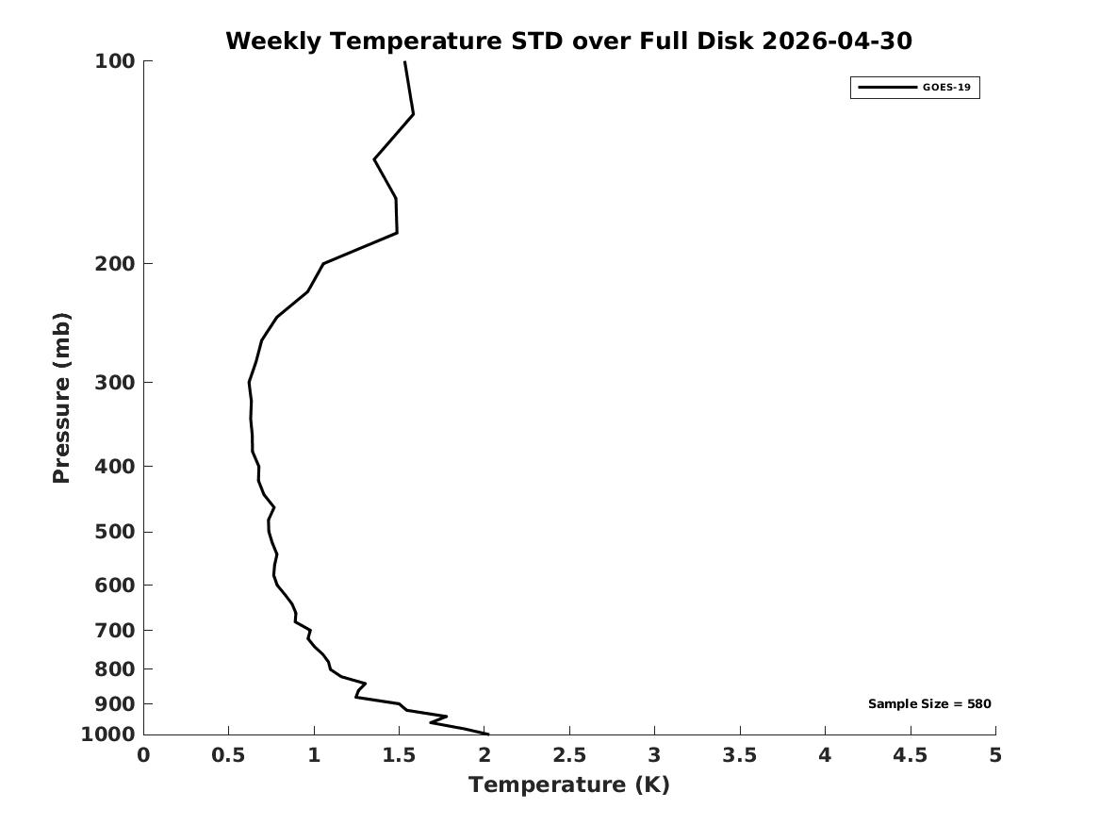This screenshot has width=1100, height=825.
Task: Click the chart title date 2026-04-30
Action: (836, 41)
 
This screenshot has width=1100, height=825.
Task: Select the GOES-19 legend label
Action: (946, 88)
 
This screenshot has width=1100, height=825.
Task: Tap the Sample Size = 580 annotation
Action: (929, 703)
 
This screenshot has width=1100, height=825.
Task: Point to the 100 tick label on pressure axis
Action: (114, 61)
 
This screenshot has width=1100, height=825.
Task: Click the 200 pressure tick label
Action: (114, 264)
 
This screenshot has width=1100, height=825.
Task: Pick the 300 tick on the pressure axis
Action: (114, 383)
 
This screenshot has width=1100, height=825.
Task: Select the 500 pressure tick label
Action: (114, 532)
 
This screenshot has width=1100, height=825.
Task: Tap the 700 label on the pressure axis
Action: (114, 630)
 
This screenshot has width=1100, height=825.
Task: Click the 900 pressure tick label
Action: (114, 703)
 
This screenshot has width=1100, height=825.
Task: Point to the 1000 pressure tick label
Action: (108, 734)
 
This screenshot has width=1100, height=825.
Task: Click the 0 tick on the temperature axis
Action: (144, 755)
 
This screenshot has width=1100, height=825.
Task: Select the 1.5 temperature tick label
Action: (399, 755)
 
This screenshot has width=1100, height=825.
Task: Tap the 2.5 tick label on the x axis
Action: (569, 755)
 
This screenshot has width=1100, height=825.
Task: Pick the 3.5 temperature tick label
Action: (740, 755)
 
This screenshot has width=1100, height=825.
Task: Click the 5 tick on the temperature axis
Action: (995, 755)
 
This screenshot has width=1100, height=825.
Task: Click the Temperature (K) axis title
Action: (569, 784)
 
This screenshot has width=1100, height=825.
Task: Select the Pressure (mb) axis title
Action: (61, 398)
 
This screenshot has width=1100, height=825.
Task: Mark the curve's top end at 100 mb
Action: (404, 61)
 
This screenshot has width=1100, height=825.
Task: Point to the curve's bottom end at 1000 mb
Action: (487, 734)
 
